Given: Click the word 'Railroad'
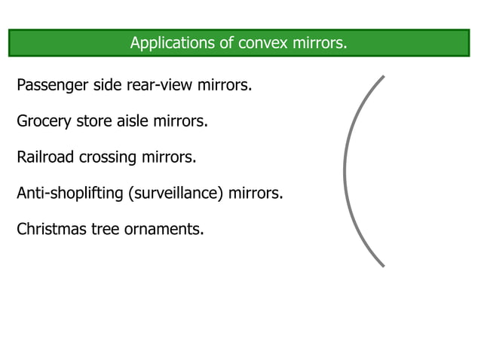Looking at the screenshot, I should pyautogui.click(x=46, y=157).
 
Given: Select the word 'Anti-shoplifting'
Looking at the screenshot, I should pyautogui.click(x=70, y=194).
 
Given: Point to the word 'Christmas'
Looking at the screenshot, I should pyautogui.click(x=50, y=230).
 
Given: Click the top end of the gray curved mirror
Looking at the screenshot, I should pyautogui.click(x=383, y=77).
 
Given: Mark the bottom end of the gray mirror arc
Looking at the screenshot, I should pyautogui.click(x=383, y=265).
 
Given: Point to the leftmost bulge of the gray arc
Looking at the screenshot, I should pyautogui.click(x=345, y=171).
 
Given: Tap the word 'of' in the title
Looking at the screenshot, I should pyautogui.click(x=228, y=42).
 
